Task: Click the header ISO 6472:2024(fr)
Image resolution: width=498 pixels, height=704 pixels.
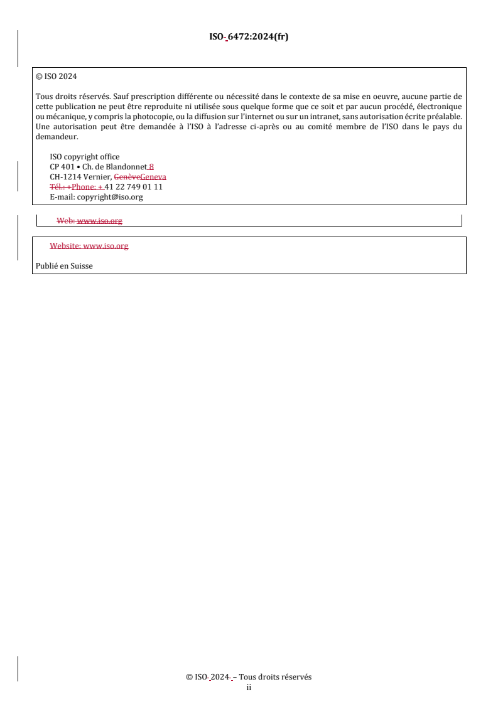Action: click(x=249, y=36)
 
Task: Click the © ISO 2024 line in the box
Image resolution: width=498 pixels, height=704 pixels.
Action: click(x=56, y=77)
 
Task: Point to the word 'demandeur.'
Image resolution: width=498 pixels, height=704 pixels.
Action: click(x=57, y=137)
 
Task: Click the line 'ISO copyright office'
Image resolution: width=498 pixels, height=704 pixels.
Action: click(x=84, y=157)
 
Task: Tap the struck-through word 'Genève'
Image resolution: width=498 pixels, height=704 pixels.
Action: click(x=127, y=177)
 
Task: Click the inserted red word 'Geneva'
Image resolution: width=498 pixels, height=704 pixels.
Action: click(x=154, y=177)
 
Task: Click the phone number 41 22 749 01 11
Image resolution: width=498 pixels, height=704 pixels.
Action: click(x=134, y=187)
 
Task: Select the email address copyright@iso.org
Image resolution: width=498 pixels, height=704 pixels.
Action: click(x=110, y=197)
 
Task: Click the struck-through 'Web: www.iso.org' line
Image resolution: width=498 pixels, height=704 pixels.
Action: click(x=89, y=221)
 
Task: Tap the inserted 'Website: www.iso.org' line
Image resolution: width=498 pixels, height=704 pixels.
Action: click(x=89, y=246)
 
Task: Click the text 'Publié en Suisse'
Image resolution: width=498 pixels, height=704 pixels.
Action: click(x=64, y=266)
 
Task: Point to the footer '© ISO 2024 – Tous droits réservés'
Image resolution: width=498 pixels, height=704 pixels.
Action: click(x=249, y=677)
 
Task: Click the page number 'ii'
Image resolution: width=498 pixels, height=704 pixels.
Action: click(x=249, y=687)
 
